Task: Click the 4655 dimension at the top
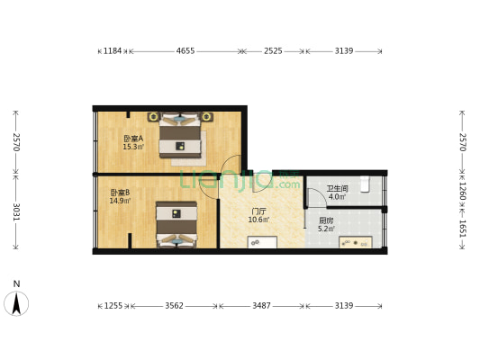point(186,51)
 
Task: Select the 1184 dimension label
point(112,51)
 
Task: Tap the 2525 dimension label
point(273,51)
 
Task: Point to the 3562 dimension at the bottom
point(174,306)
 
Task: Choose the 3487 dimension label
point(260,306)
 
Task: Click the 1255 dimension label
point(113,306)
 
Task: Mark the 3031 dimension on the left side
point(15,211)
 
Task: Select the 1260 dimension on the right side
point(462,192)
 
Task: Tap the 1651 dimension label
point(462,229)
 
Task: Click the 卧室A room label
point(133,139)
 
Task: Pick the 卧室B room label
point(120,192)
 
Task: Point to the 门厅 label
point(258,211)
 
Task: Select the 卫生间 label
point(336,188)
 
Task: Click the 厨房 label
point(326,220)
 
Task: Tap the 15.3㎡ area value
point(133,147)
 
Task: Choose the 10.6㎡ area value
point(258,220)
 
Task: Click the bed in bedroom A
point(181,136)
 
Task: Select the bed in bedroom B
point(176,222)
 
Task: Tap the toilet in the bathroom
point(365,184)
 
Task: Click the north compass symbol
point(16,301)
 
